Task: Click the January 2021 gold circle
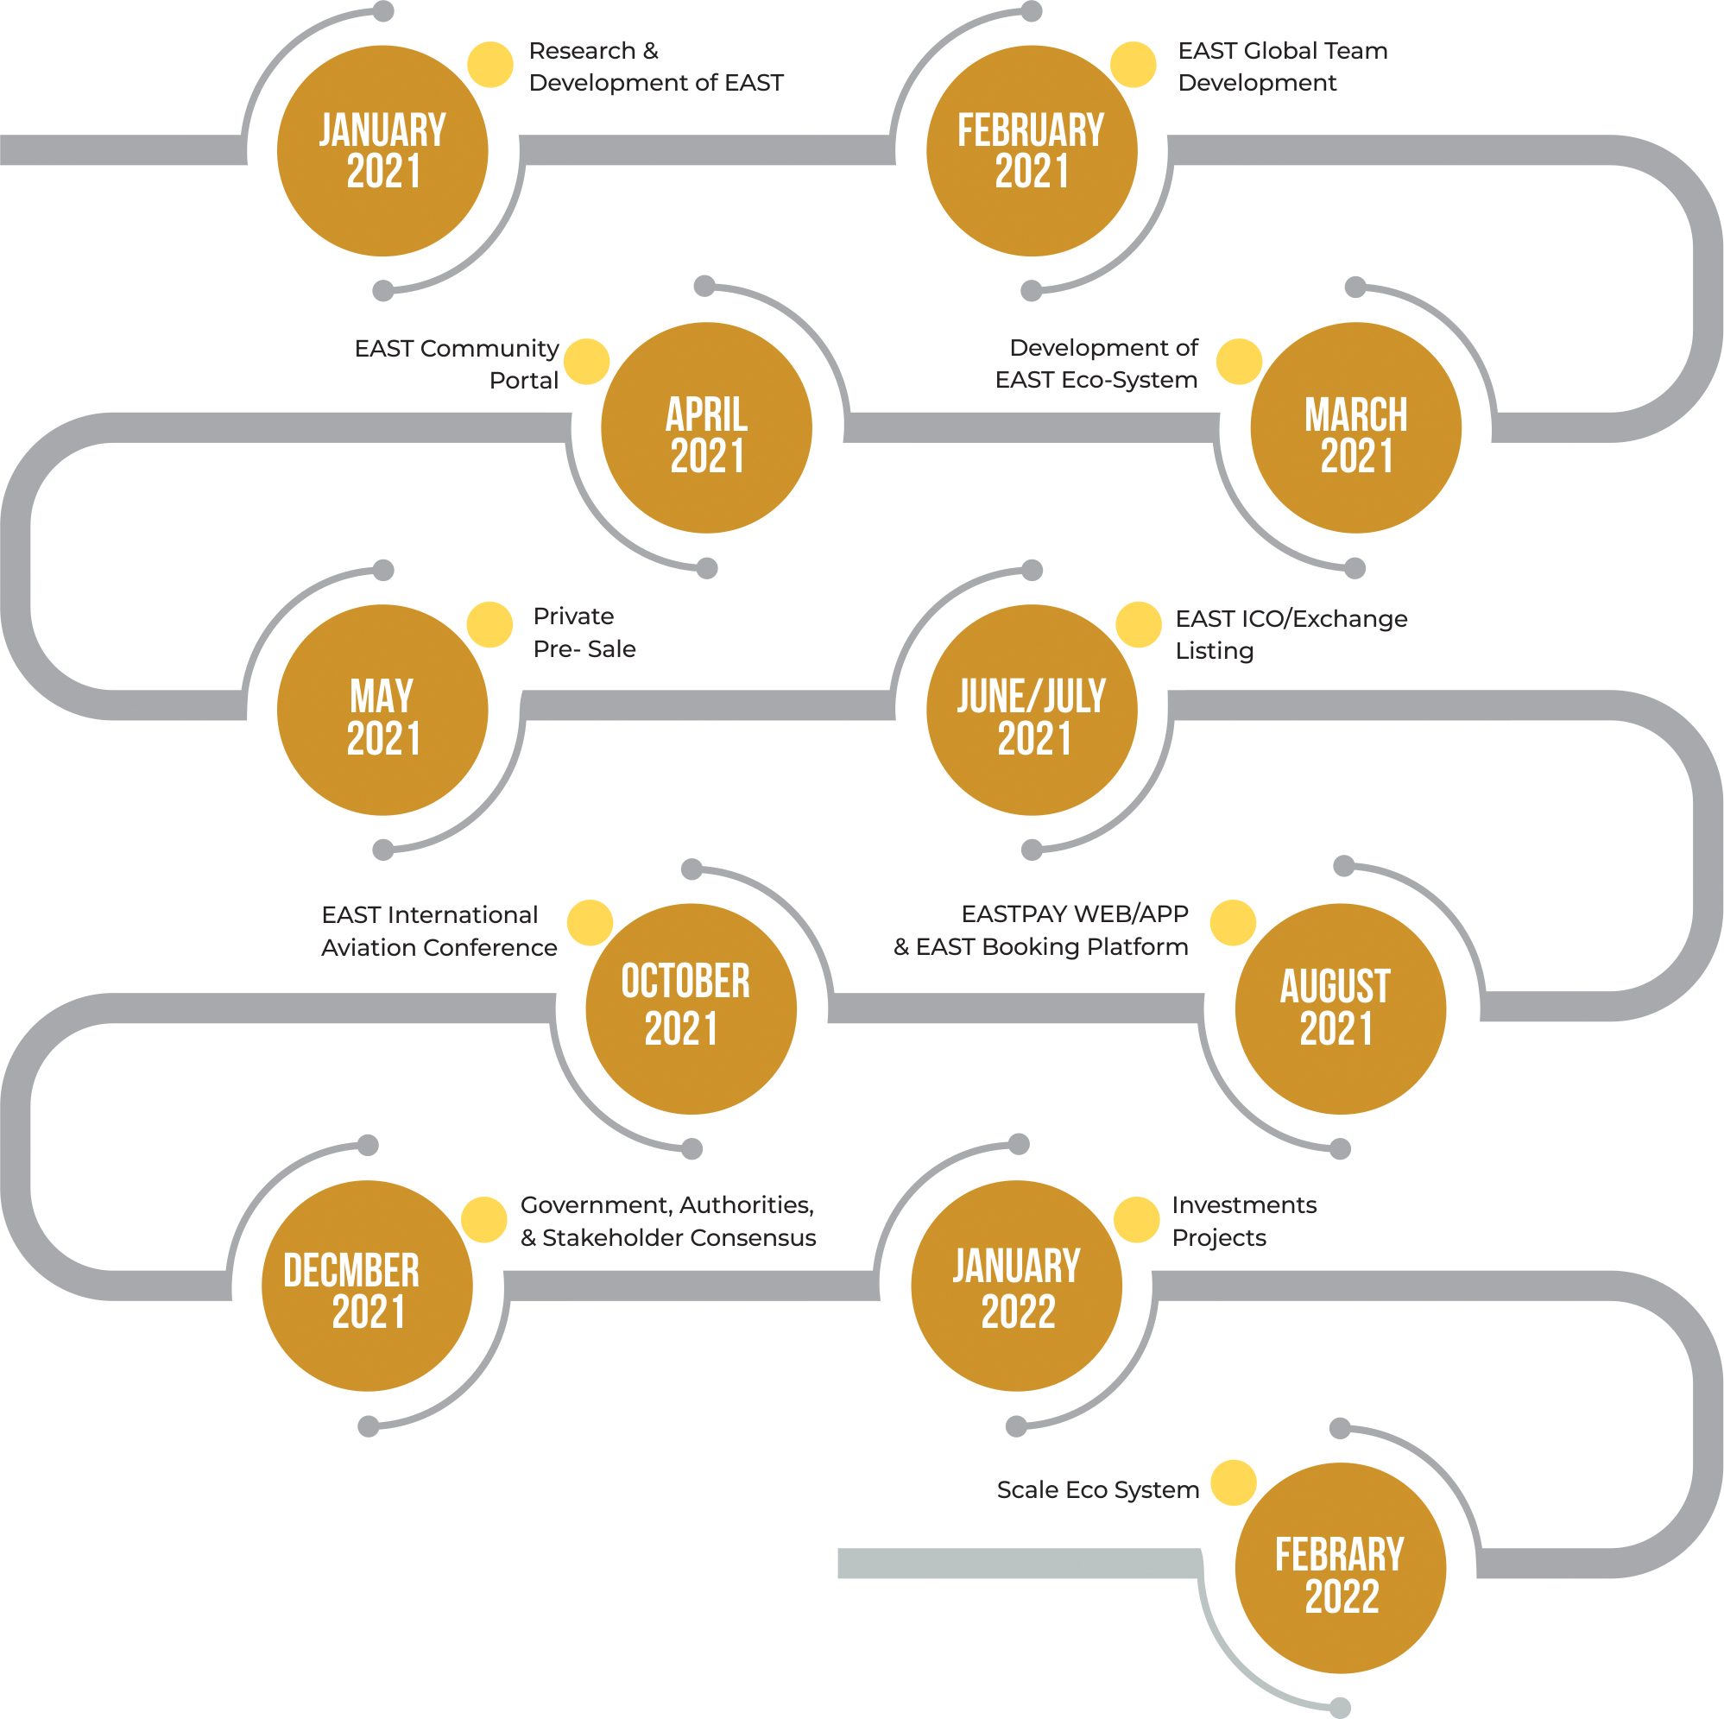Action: [x=382, y=151]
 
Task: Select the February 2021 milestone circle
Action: [x=1032, y=151]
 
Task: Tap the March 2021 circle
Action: [x=1355, y=427]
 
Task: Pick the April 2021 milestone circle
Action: [x=706, y=427]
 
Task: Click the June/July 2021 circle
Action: [x=1032, y=710]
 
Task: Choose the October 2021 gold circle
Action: [x=691, y=1008]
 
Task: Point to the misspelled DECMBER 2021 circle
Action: [x=367, y=1286]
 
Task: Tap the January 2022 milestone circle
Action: [x=1016, y=1286]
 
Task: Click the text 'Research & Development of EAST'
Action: [x=656, y=67]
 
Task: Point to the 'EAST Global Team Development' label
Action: [x=1282, y=67]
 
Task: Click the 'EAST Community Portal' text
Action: [x=457, y=364]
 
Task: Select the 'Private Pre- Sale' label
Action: [x=584, y=633]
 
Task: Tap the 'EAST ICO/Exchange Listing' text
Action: [x=1291, y=635]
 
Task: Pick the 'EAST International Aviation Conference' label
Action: [x=439, y=931]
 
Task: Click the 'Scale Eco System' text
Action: [x=1097, y=1489]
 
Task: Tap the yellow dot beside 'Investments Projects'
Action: [x=1137, y=1220]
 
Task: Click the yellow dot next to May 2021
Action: [x=489, y=625]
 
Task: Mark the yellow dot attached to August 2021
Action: [x=1233, y=923]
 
